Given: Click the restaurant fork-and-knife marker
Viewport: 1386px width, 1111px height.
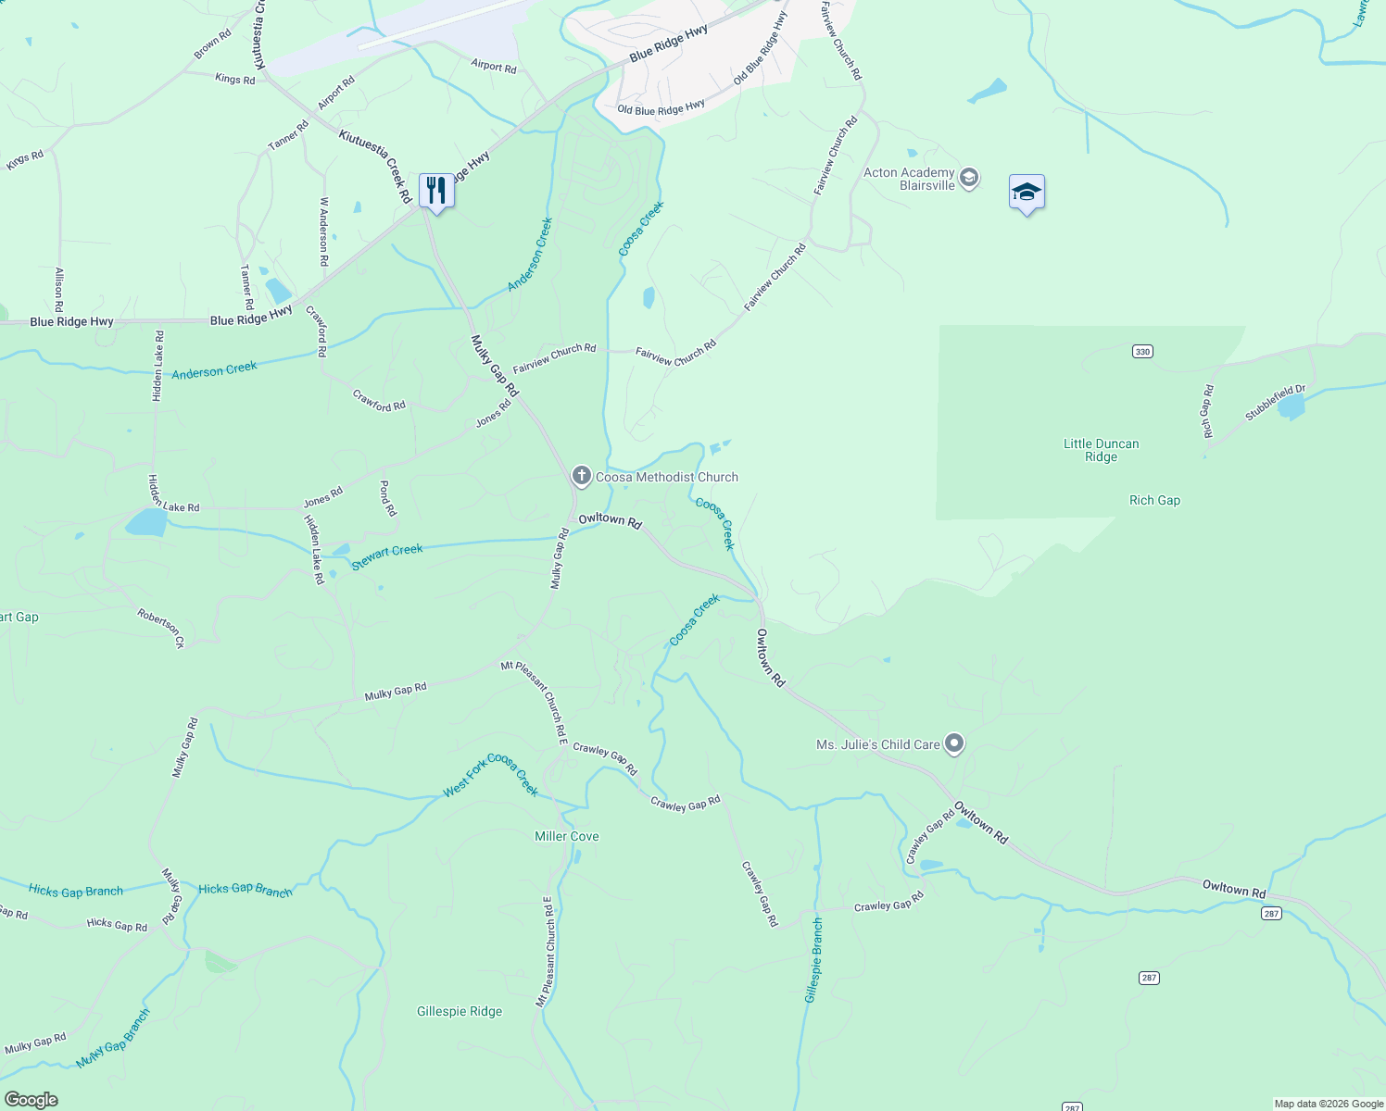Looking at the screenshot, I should pyautogui.click(x=436, y=191).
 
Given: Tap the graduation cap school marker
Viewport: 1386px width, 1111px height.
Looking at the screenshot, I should pyautogui.click(x=1027, y=193).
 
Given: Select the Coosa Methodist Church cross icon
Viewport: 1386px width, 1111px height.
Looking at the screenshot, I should pyautogui.click(x=581, y=477).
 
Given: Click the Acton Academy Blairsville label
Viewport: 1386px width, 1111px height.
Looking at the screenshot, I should pyautogui.click(x=909, y=179).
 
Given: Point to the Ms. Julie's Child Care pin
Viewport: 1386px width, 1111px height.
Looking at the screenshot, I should pyautogui.click(x=954, y=743).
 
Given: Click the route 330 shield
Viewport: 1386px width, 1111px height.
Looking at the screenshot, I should pyautogui.click(x=1142, y=352).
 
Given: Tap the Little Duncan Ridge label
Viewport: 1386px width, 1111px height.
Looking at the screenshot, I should pyautogui.click(x=1101, y=450).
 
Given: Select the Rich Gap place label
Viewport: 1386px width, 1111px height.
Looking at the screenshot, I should pyautogui.click(x=1154, y=500).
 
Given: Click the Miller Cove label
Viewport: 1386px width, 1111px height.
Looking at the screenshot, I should pyautogui.click(x=567, y=836).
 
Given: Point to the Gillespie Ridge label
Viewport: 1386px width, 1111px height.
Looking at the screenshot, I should pyautogui.click(x=460, y=1011).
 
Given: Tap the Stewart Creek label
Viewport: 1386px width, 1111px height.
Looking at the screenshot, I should pyautogui.click(x=387, y=555).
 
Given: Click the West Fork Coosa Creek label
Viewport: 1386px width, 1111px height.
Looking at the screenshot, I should pyautogui.click(x=490, y=775).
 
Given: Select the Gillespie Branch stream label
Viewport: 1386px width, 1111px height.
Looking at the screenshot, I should pyautogui.click(x=813, y=960).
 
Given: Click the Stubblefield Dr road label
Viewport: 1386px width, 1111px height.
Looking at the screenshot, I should pyautogui.click(x=1275, y=403).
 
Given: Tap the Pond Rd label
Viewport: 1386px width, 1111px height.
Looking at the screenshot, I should pyautogui.click(x=388, y=498).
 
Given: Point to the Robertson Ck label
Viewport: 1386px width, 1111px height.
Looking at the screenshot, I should pyautogui.click(x=161, y=628).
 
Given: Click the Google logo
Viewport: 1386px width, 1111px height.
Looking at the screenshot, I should pyautogui.click(x=31, y=1099).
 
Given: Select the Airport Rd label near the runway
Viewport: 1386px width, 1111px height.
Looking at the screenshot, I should pyautogui.click(x=493, y=66).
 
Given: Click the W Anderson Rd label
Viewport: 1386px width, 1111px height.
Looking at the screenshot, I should pyautogui.click(x=324, y=231).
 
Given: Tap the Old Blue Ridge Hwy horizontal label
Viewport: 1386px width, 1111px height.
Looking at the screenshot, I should pyautogui.click(x=661, y=108).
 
